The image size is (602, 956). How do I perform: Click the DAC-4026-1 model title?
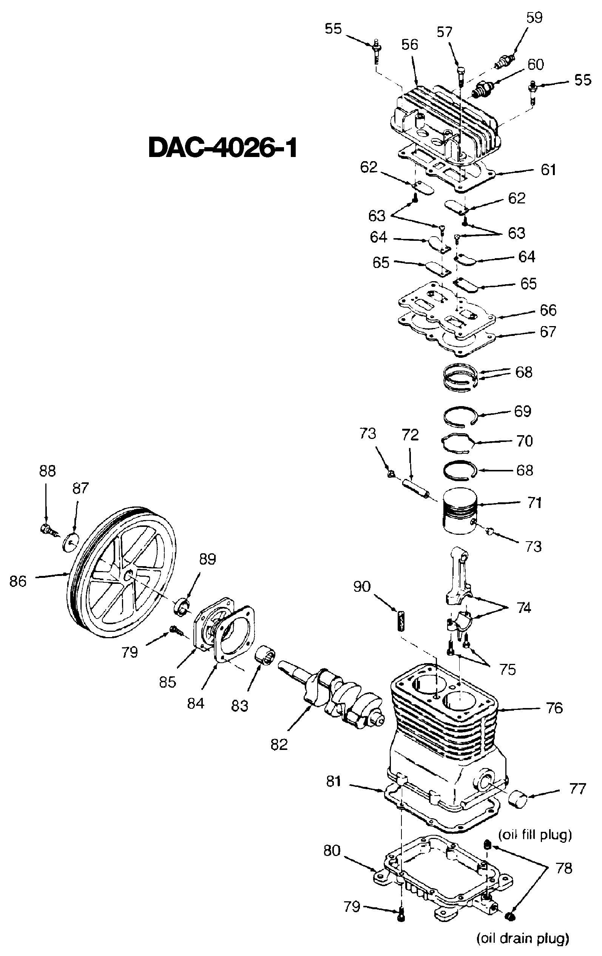click(222, 148)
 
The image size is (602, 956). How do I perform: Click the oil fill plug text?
click(535, 834)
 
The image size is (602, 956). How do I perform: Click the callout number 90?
click(361, 587)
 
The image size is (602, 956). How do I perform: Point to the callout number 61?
click(548, 169)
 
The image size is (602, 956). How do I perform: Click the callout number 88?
click(47, 471)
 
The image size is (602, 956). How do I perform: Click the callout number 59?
click(534, 18)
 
